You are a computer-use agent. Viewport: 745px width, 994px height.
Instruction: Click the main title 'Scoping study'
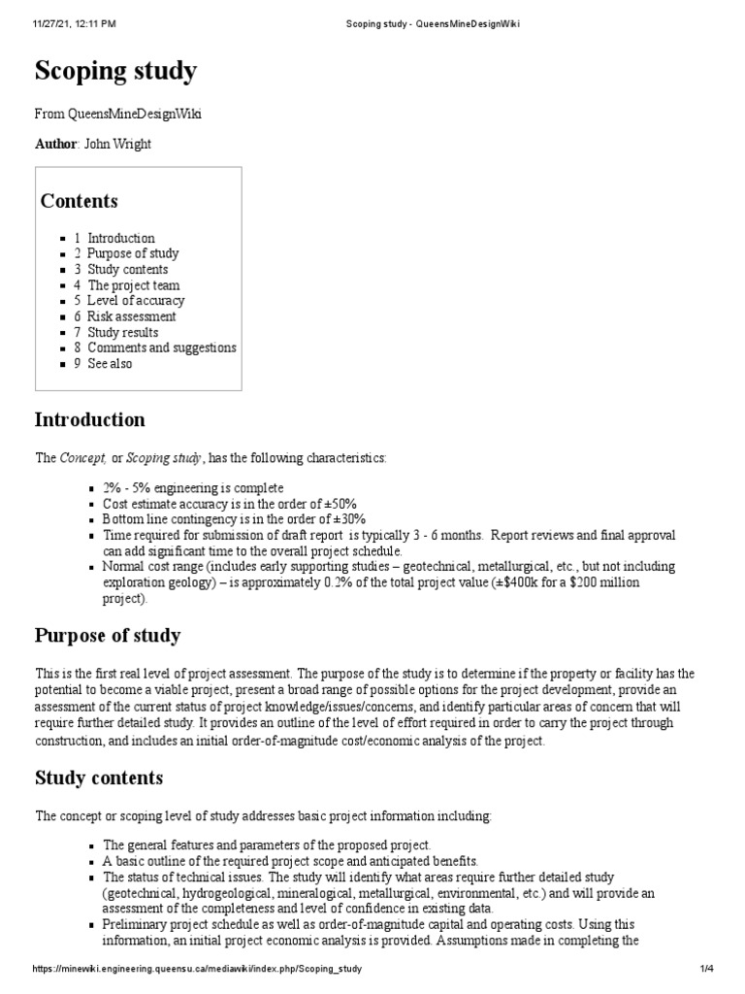[115, 71]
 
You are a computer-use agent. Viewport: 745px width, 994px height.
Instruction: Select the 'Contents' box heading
[79, 201]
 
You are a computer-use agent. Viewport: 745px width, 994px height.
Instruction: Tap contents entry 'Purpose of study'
[132, 253]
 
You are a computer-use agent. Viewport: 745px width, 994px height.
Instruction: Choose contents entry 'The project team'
[133, 285]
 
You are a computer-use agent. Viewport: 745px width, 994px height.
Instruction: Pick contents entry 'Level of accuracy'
[135, 301]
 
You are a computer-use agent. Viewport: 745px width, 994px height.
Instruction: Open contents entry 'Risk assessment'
[131, 316]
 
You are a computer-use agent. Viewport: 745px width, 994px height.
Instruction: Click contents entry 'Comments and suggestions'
[161, 348]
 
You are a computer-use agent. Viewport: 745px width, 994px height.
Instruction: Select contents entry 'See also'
[110, 363]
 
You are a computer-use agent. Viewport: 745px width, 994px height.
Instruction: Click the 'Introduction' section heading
[90, 420]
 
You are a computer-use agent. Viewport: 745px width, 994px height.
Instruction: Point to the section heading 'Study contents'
[99, 778]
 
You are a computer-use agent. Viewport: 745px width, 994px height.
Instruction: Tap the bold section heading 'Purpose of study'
[107, 636]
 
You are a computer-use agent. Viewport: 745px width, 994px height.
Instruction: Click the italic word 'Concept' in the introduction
[83, 457]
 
